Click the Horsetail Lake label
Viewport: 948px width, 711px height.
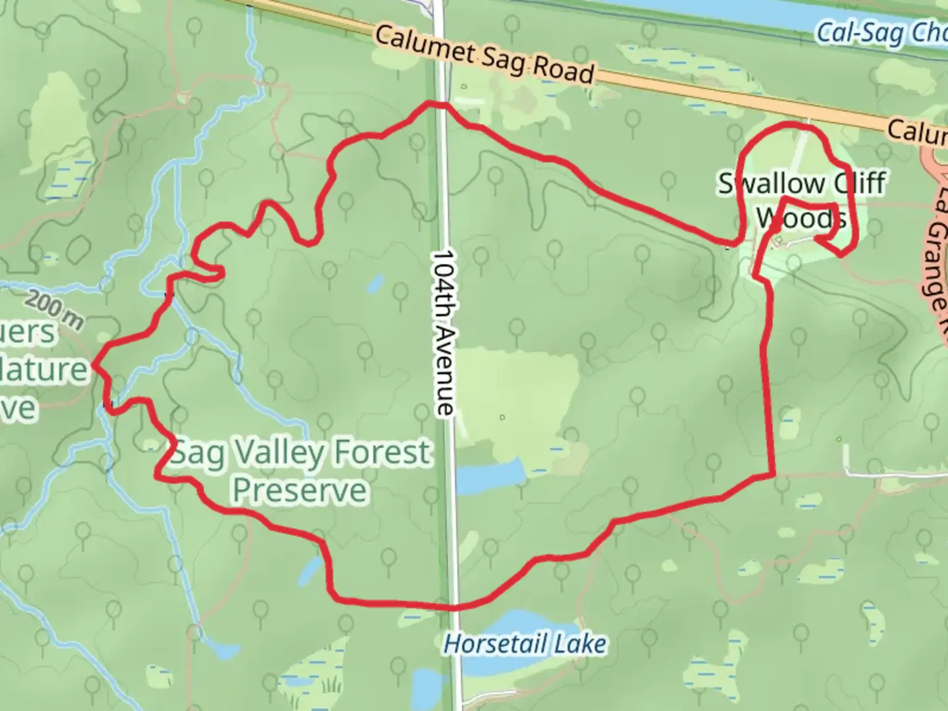point(525,643)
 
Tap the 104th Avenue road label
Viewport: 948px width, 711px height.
point(444,332)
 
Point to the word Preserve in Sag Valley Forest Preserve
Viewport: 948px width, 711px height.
point(300,490)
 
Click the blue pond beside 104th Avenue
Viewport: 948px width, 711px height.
point(490,477)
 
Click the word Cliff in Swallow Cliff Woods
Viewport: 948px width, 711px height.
point(859,184)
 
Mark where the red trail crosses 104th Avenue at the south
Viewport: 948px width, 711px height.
point(454,607)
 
